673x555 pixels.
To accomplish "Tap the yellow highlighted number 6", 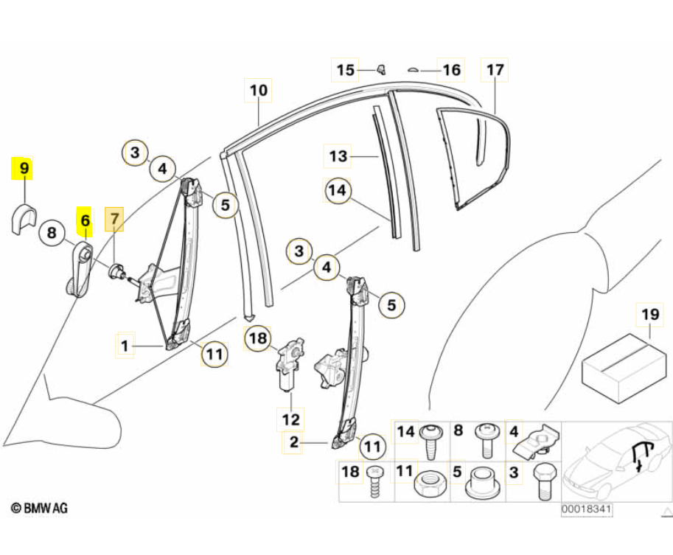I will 85,220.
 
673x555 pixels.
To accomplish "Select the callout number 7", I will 114,220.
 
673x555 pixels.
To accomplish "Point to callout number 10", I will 258,91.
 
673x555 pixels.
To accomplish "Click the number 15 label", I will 345,70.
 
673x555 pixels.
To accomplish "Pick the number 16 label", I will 451,70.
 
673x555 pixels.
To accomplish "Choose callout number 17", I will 495,71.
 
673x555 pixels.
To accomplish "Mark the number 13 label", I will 338,157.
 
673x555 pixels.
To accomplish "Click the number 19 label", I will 649,315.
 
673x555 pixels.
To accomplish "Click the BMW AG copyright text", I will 41,508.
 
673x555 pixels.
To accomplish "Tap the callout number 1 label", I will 125,344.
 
